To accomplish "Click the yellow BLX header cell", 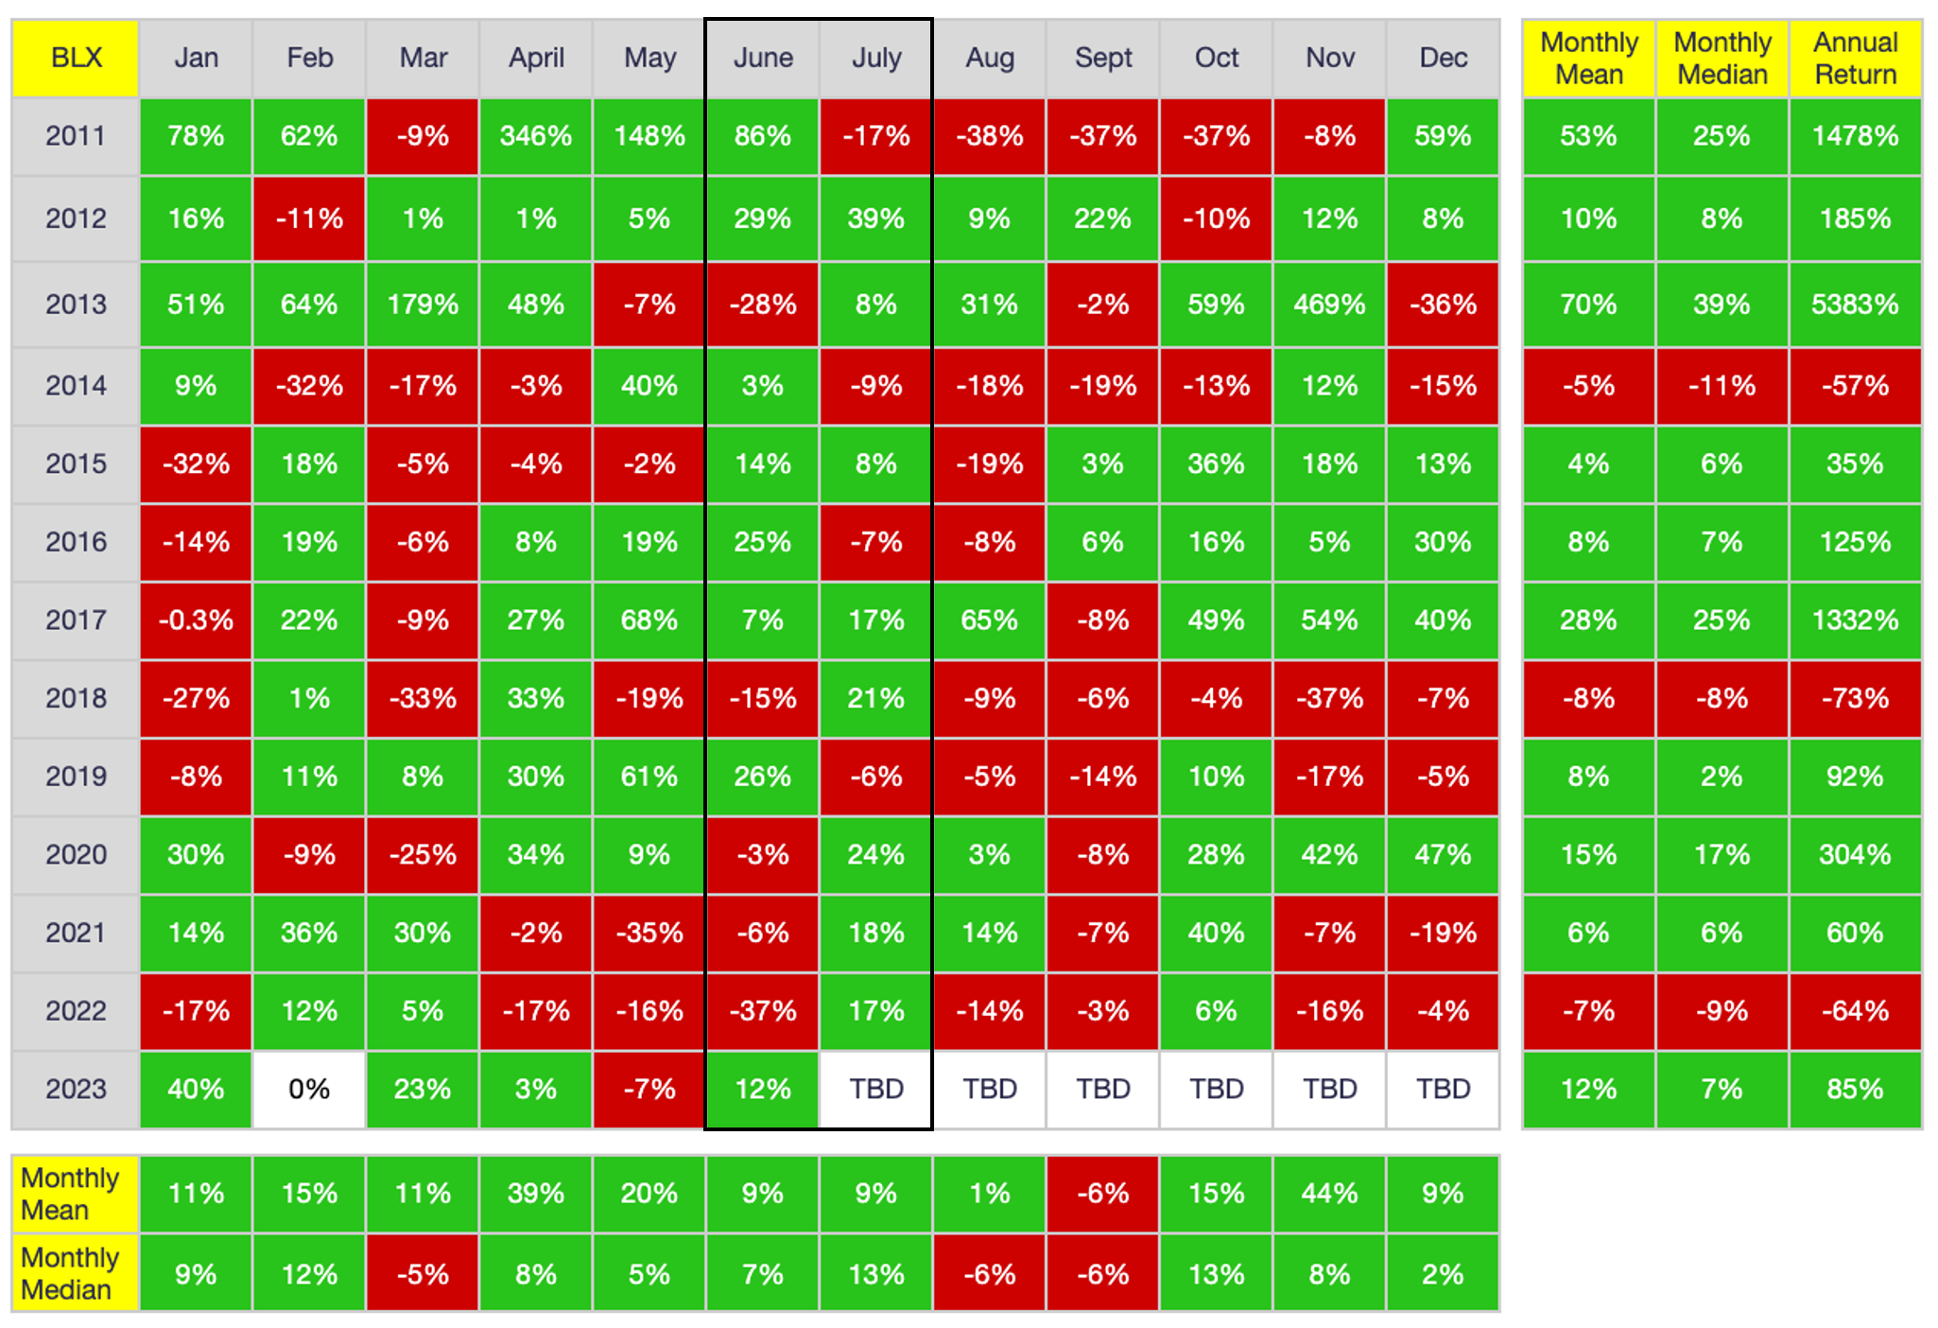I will click(x=76, y=58).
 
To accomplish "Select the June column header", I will click(x=763, y=58).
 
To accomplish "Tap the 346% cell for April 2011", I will click(x=536, y=136).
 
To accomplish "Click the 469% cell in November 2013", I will click(x=1329, y=305).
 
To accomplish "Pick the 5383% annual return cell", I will click(x=1855, y=305).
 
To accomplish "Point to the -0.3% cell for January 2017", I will click(x=196, y=620).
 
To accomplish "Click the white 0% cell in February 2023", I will click(x=309, y=1089).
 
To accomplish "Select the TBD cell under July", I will click(x=876, y=1089).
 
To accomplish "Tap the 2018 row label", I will click(x=76, y=698).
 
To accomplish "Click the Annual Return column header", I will click(x=1855, y=58).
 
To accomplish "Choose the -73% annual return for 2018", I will click(x=1855, y=698).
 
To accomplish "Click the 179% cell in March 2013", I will click(x=423, y=305).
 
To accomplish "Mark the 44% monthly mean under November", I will click(x=1329, y=1194).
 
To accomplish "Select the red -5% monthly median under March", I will click(x=423, y=1274).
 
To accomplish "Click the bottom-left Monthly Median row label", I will click(x=70, y=1274).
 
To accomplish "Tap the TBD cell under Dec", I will click(x=1443, y=1089).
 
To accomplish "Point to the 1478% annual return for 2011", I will click(x=1855, y=136).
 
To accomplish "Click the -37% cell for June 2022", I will click(x=763, y=1011).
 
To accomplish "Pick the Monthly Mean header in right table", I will click(x=1588, y=58).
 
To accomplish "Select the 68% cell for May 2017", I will click(x=649, y=620).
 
